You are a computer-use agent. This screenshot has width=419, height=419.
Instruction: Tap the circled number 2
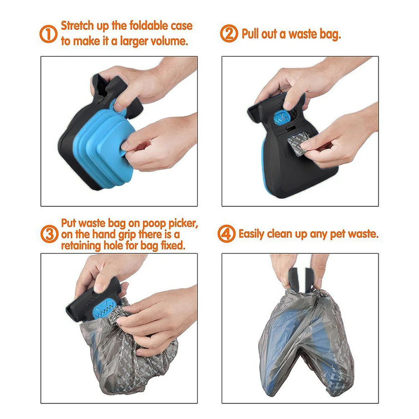click(229, 34)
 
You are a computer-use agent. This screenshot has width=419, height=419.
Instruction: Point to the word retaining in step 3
click(81, 245)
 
